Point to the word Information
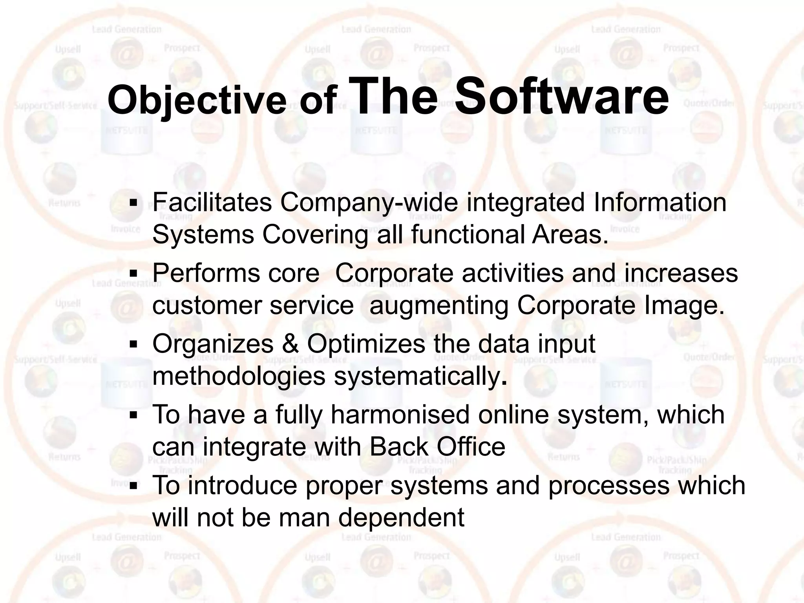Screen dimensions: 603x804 tap(660, 203)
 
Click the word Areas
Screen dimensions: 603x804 tap(570, 235)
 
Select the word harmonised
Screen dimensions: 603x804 tap(400, 415)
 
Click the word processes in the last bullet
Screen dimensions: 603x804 tap(608, 485)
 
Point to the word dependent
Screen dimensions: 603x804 tap(401, 517)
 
